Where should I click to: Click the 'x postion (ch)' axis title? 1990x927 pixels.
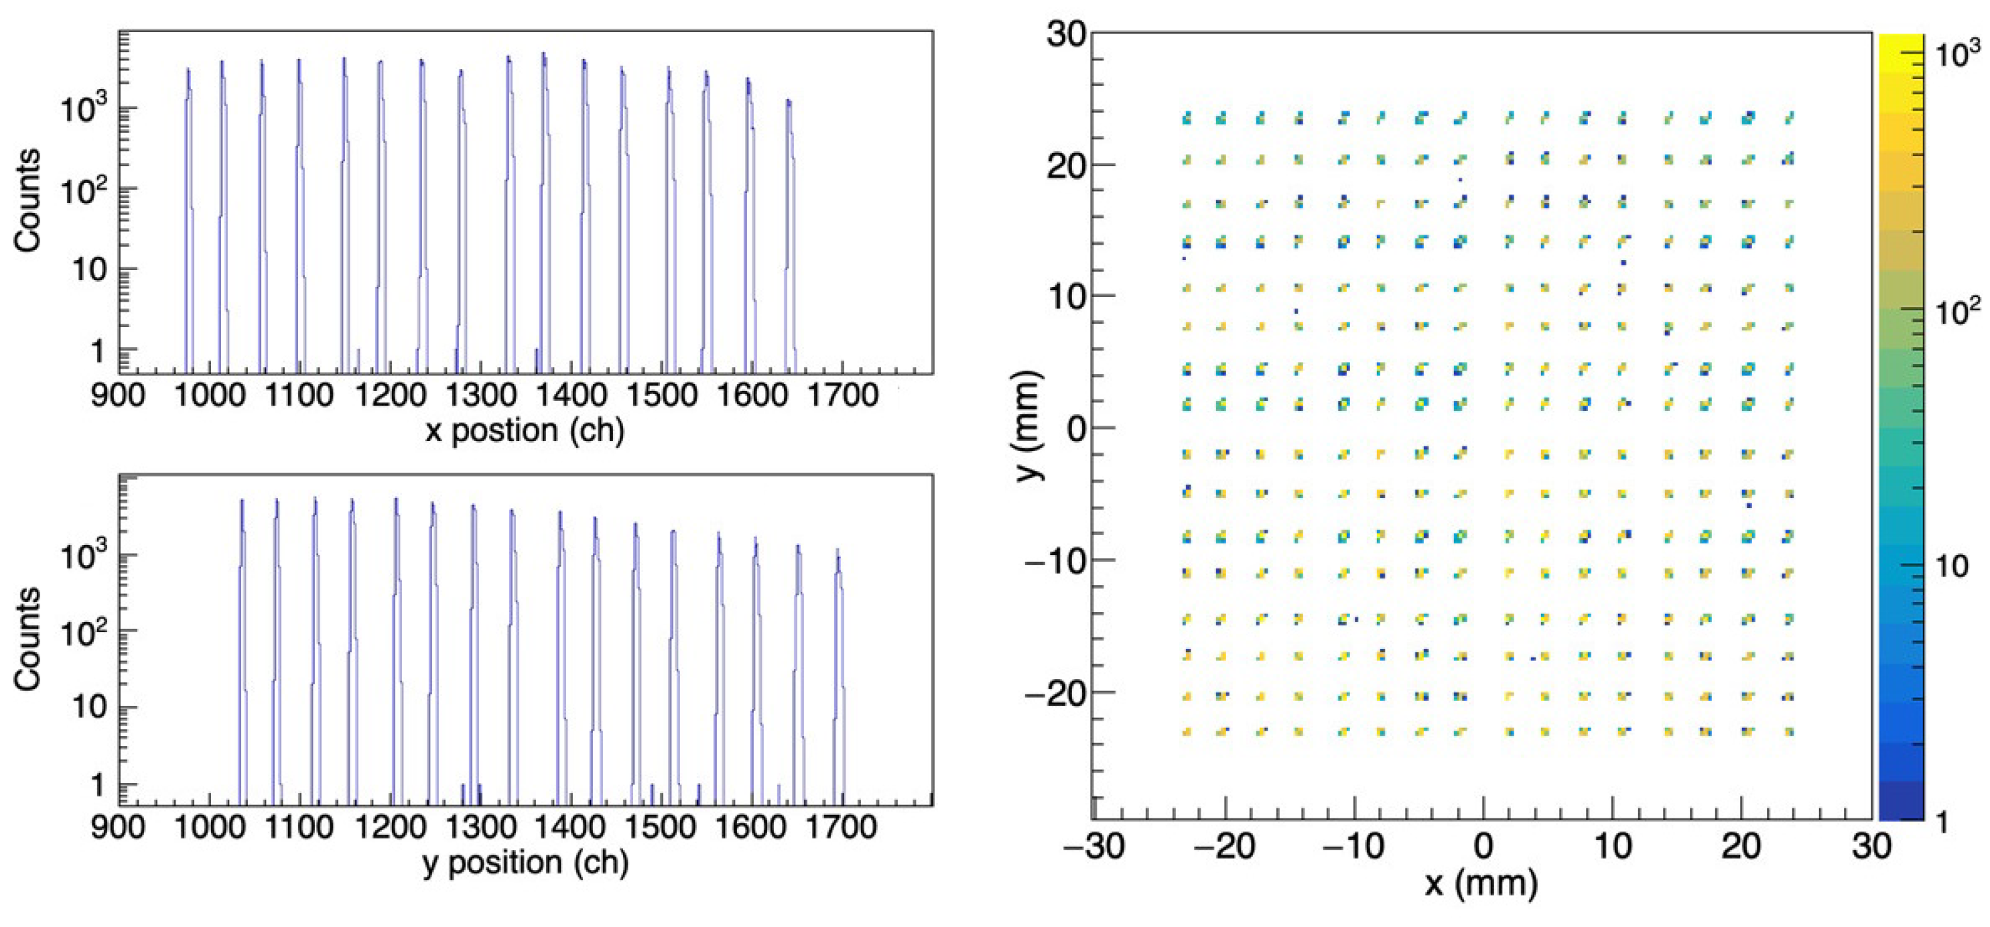pos(525,431)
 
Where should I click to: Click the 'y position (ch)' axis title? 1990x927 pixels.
pos(525,863)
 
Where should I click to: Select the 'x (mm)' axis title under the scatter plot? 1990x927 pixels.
pos(1481,883)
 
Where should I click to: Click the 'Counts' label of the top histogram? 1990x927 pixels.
pos(27,201)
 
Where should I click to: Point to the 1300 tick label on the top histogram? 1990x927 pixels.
pos(480,395)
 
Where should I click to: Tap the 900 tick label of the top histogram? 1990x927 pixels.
pos(118,395)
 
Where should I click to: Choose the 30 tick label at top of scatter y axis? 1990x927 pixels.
pos(1066,34)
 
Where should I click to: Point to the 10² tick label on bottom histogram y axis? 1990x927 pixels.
pos(81,633)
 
